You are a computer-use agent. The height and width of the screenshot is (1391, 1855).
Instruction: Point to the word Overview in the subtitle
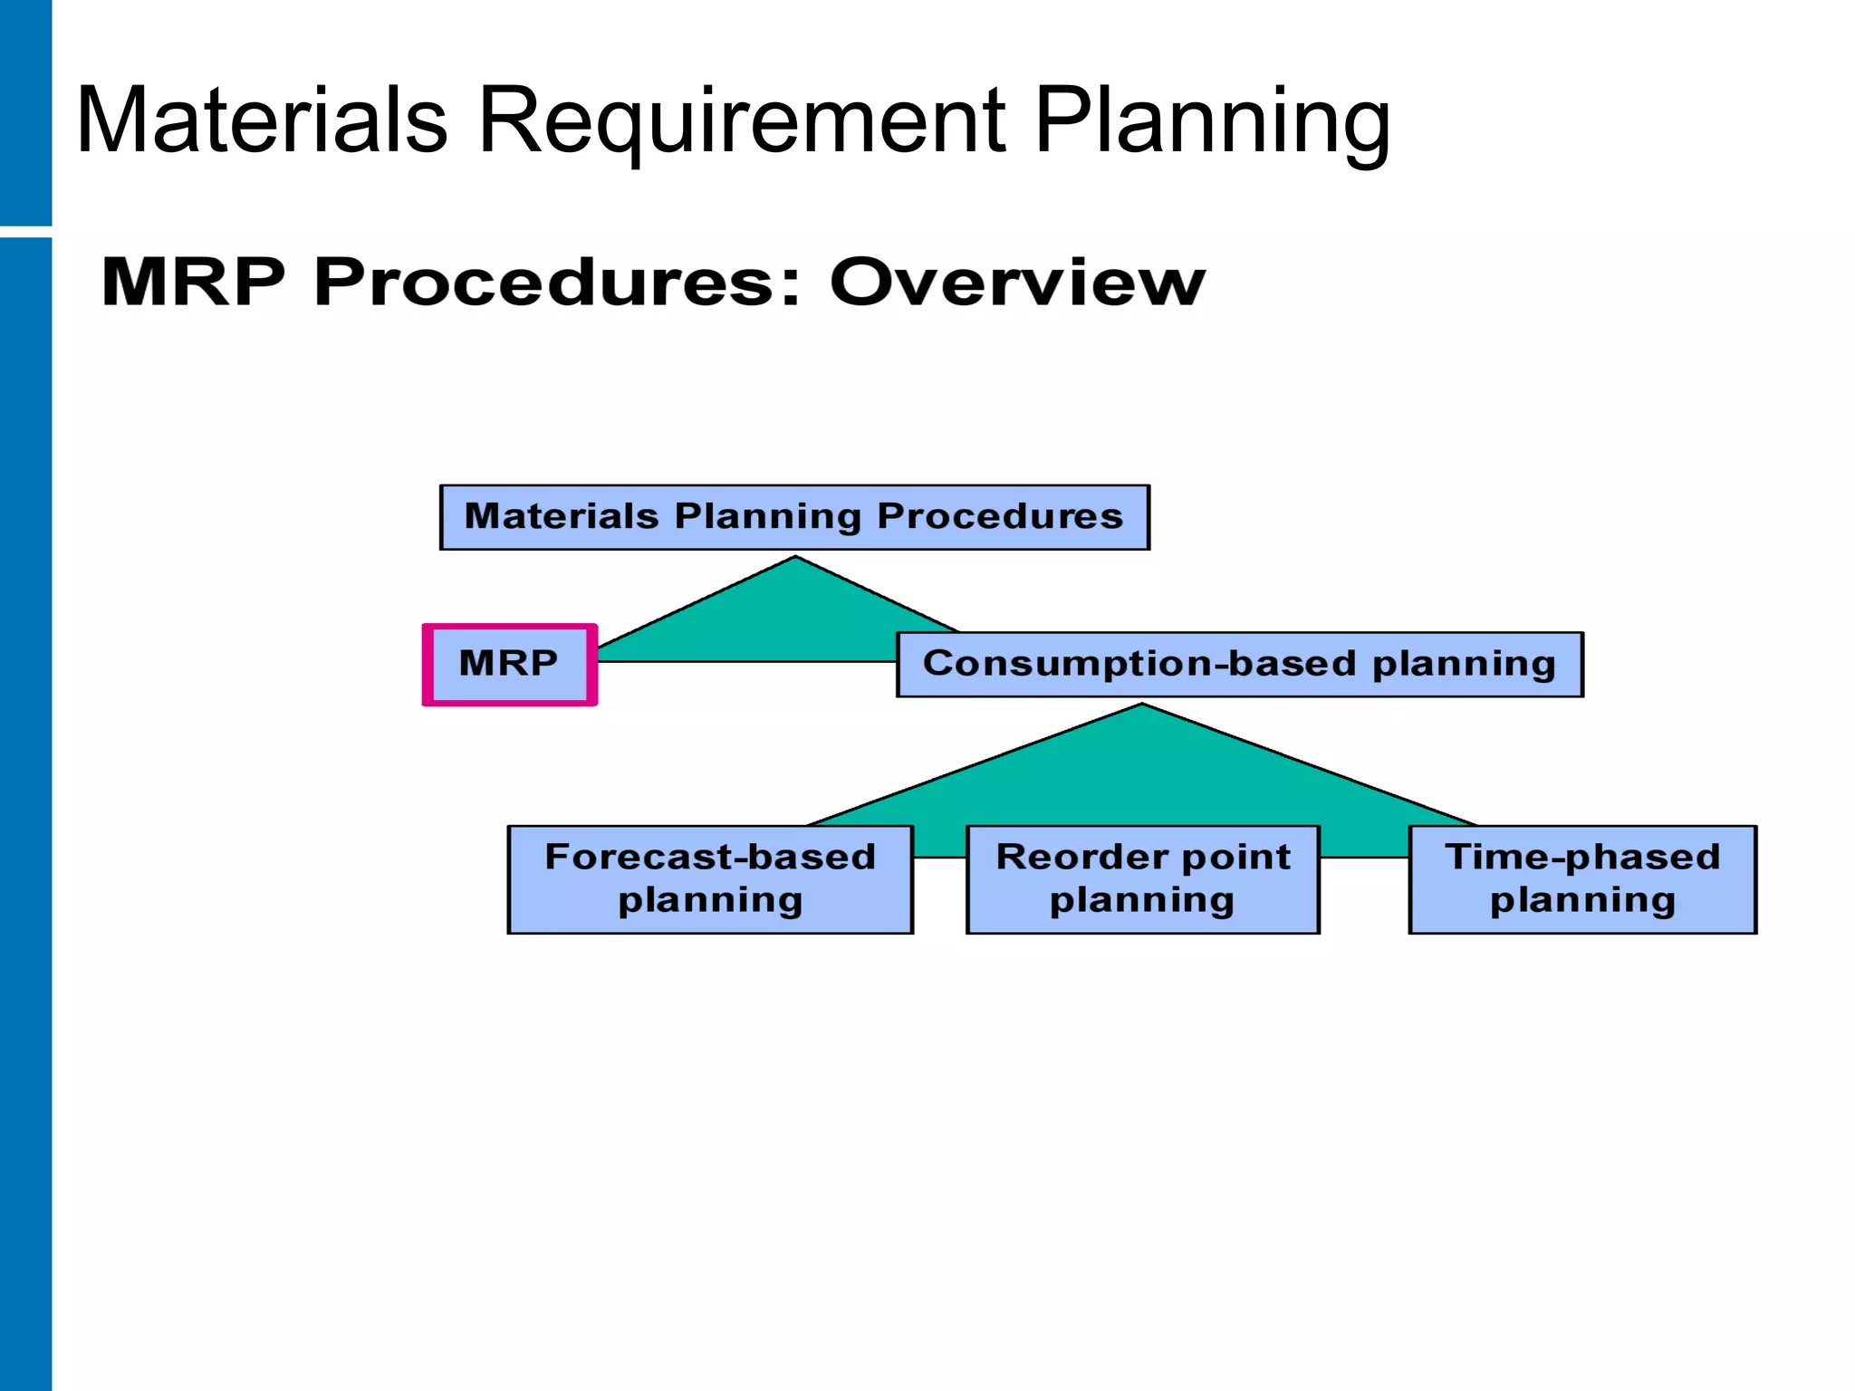[1017, 282]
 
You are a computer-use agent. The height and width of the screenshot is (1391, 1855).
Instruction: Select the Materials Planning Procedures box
[794, 517]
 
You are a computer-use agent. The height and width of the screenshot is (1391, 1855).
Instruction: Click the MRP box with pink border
[509, 664]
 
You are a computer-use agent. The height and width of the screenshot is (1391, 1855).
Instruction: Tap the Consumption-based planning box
[1239, 665]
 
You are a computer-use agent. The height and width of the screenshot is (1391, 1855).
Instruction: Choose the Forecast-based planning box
[710, 878]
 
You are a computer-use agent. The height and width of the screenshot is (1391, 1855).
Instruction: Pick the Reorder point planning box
[1143, 878]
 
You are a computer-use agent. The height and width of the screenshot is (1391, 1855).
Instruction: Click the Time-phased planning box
[1582, 878]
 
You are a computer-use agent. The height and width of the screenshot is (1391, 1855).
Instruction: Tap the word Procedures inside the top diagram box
[1000, 516]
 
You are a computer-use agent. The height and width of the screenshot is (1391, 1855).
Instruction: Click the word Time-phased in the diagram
[1582, 857]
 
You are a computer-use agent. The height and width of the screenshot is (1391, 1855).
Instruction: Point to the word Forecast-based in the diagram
[710, 857]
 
